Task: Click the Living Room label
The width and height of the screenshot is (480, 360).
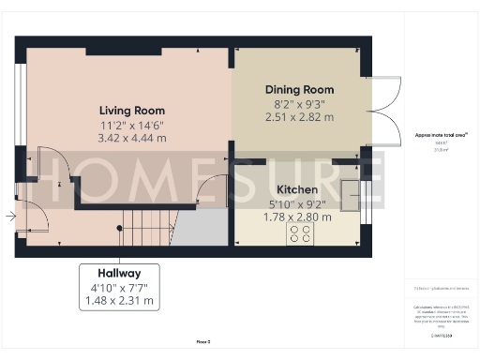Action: [x=132, y=109]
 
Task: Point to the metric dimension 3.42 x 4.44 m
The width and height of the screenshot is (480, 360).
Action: [x=132, y=137]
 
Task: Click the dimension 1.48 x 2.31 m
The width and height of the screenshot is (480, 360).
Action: [x=119, y=301]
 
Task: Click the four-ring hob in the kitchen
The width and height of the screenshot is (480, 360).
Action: [x=302, y=233]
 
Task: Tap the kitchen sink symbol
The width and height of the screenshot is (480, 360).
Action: [x=352, y=197]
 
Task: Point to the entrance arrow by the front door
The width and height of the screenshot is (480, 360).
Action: [x=9, y=217]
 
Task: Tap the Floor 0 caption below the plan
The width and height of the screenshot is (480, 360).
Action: [x=202, y=344]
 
